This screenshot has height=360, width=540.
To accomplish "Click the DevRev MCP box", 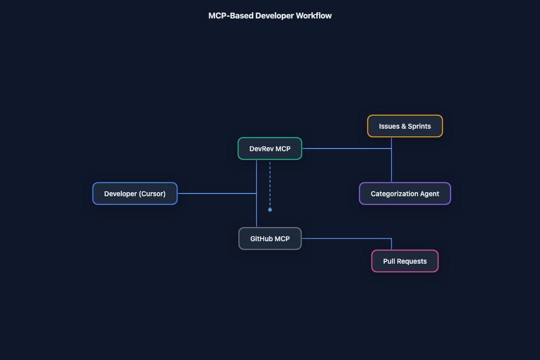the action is click(x=269, y=148).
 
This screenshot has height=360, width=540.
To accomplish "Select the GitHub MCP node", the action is click(x=269, y=238).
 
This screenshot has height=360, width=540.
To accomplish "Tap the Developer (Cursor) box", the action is click(x=135, y=193).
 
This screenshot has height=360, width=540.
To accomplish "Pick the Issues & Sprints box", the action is click(x=404, y=126).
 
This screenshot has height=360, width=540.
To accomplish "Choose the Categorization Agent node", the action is click(x=404, y=193).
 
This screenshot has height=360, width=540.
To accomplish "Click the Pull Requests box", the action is click(x=404, y=261).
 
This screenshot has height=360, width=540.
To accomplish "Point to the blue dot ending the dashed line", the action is click(x=270, y=209).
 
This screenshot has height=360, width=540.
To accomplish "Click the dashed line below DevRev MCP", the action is click(x=270, y=184).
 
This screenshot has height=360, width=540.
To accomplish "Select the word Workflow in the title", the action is click(x=313, y=16).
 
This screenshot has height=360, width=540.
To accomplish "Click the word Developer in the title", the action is click(x=274, y=16).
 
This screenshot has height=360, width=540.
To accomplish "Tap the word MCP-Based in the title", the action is click(x=231, y=16).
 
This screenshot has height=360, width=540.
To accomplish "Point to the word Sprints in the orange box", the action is click(x=419, y=126).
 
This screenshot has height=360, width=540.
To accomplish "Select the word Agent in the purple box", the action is click(x=429, y=194).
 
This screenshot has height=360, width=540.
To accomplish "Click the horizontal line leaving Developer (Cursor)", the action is click(x=217, y=193).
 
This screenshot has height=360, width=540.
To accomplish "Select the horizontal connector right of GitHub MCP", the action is click(x=346, y=238).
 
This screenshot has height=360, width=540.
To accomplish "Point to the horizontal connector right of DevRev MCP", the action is click(x=347, y=148).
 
